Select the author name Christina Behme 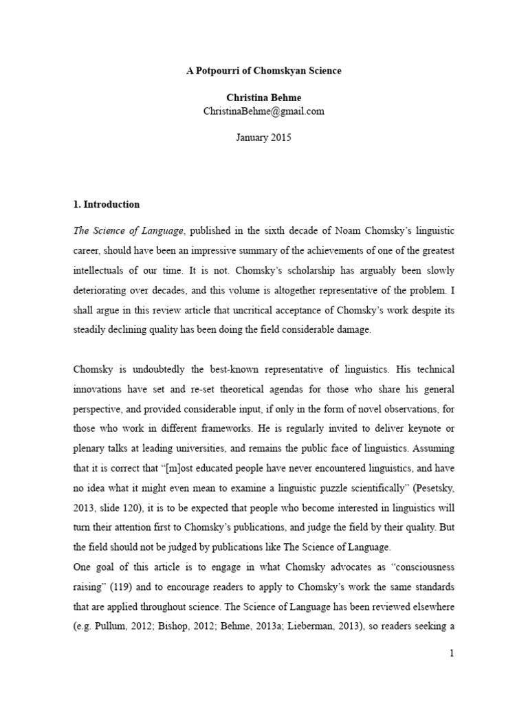tap(263, 98)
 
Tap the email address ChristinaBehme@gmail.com tap(263, 111)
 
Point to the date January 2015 tap(263, 137)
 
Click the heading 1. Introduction tap(107, 204)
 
